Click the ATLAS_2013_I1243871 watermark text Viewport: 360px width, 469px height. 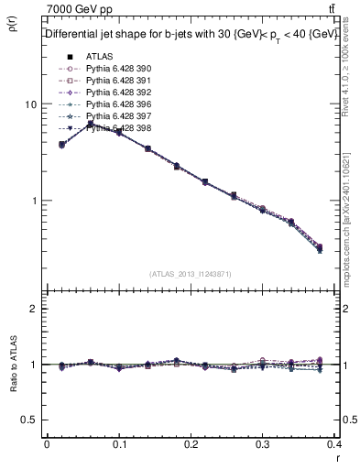pyautogui.click(x=191, y=274)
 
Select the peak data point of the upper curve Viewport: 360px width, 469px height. pyautogui.click(x=90, y=124)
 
